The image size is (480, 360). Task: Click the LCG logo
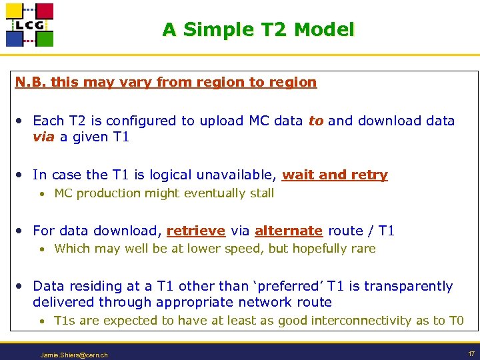[x=29, y=25]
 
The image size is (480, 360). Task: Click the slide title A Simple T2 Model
[x=258, y=30]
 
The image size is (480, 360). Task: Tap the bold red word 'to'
[x=315, y=121]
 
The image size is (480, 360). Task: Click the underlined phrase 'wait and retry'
[x=335, y=175]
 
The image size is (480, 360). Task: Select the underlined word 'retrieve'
[x=195, y=231]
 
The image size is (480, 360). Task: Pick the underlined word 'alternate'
[x=288, y=231]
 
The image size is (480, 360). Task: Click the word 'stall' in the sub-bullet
[x=261, y=193]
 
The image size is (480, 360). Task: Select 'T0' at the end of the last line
[x=455, y=321]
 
